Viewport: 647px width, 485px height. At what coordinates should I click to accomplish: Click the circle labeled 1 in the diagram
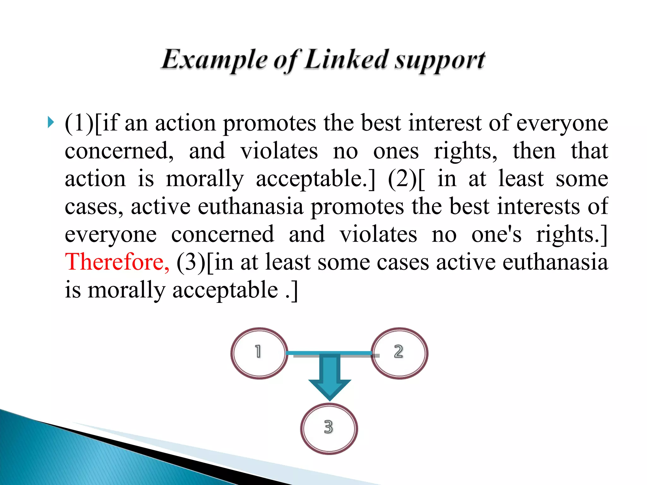pos(259,353)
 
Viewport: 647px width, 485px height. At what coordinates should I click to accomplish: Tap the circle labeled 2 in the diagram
pos(399,353)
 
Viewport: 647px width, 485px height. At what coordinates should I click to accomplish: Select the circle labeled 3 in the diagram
pos(329,428)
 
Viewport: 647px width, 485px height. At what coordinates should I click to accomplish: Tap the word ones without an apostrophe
pos(396,151)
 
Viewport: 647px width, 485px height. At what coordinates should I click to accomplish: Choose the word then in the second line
pos(534,151)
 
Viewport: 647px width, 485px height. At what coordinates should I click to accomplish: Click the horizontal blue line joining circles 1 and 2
pos(329,353)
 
